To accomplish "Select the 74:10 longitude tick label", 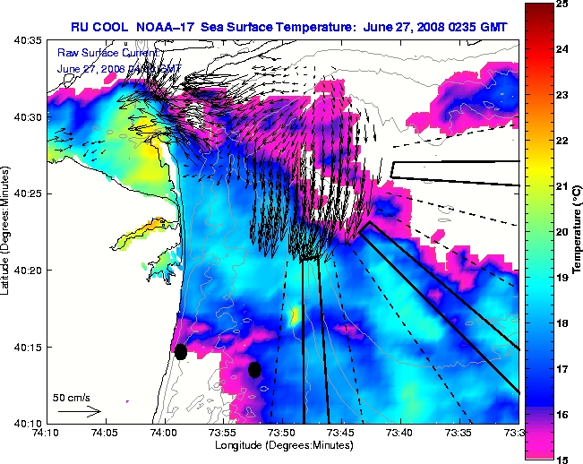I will [x=47, y=434].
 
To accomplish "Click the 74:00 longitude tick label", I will [x=164, y=434].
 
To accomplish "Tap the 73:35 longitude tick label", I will [x=459, y=434].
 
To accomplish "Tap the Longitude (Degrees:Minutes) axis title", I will [x=282, y=445].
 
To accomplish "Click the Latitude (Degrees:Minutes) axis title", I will [x=7, y=231].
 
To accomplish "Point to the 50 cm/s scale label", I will [x=71, y=397].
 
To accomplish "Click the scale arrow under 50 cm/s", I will [x=79, y=411].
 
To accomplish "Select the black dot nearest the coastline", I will [x=181, y=351].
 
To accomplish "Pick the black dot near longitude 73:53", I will [x=254, y=369].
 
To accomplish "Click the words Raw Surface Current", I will [x=93, y=54].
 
